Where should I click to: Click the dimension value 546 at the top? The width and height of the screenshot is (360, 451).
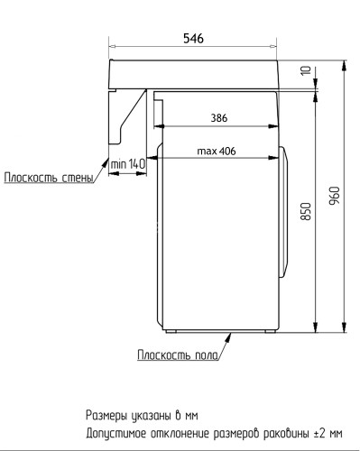tap(193, 39)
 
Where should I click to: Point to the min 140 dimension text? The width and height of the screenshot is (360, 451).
tap(128, 163)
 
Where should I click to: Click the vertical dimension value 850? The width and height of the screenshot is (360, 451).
tap(306, 213)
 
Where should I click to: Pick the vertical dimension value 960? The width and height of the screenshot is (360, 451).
tap(334, 196)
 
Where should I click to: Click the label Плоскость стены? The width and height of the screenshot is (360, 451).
tap(48, 178)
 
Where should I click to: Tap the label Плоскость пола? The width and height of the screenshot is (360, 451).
tap(176, 354)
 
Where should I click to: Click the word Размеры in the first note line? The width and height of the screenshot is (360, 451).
tap(110, 416)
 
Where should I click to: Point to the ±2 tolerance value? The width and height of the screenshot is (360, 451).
tap(322, 432)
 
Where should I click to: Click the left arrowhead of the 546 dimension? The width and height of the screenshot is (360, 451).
tap(112, 47)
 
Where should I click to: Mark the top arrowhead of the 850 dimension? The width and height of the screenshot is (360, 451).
tap(315, 94)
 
